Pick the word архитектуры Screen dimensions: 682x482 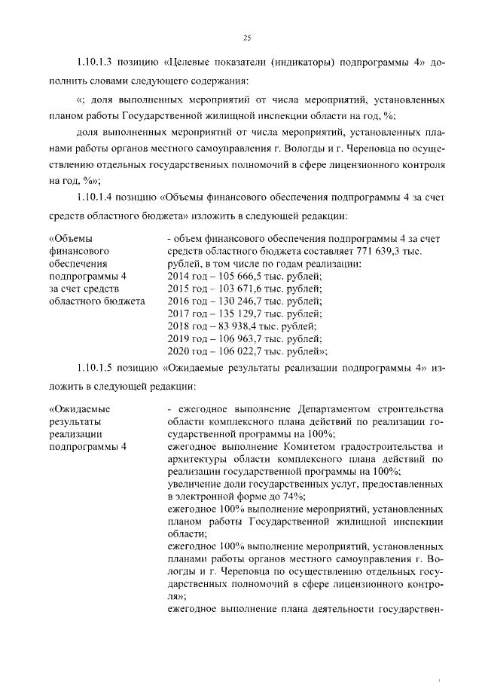click(x=197, y=458)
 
